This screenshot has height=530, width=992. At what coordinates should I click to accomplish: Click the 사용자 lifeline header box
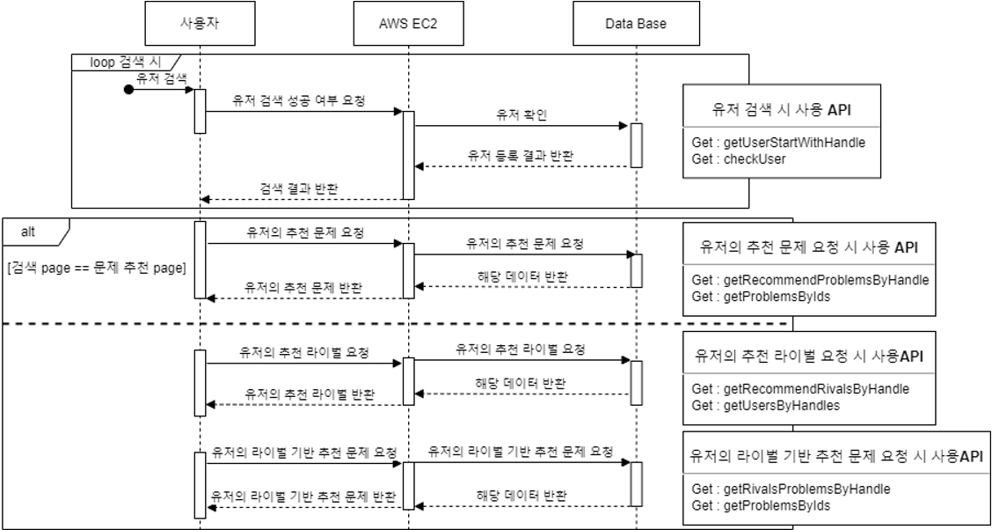[200, 24]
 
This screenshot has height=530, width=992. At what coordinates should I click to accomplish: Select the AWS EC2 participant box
[408, 24]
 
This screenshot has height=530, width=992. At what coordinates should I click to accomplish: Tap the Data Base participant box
[636, 24]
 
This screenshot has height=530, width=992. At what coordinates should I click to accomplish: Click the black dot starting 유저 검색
[128, 90]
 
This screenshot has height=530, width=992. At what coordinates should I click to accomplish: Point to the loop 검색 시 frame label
[127, 63]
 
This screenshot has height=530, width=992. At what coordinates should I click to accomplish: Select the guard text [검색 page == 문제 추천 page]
[96, 268]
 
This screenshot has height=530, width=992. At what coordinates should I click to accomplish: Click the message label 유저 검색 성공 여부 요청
[299, 100]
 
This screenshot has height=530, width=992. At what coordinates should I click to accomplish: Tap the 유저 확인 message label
[522, 114]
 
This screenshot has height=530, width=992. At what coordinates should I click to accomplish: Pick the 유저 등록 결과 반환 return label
[521, 155]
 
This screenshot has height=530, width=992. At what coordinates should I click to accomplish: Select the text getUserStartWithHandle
[794, 144]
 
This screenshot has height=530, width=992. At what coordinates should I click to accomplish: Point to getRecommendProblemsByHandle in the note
[827, 280]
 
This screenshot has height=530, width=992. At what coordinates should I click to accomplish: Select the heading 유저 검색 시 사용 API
[781, 109]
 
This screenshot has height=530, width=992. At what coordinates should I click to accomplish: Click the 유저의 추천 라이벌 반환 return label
[310, 394]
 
